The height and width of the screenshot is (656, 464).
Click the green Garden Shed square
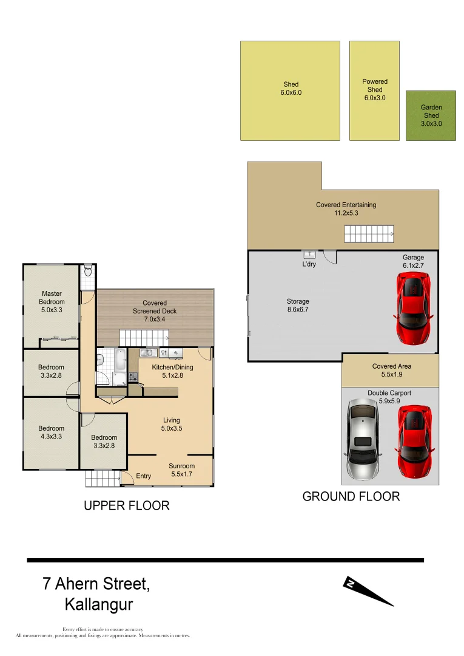pos(431,115)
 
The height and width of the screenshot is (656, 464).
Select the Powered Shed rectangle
pos(374,91)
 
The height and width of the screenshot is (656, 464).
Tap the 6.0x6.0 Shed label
pos(291,89)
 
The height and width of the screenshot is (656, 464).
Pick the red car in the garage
pos(414,306)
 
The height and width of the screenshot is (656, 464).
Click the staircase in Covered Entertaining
pos(369,233)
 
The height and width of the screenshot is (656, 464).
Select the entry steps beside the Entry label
pos(102,478)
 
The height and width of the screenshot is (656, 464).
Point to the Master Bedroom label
pos(52,301)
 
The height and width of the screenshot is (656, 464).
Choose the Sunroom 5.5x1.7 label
pos(181,470)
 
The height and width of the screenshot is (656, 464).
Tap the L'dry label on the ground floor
pos(309,264)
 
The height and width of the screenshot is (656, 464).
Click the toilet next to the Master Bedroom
pos(88,270)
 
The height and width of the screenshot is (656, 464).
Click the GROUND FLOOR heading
pos(351,496)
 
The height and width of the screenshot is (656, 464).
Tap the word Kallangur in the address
pos(98,604)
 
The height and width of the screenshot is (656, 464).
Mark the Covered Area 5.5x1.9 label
pos(391,371)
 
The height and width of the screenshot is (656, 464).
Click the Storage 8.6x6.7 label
pos(298,306)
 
